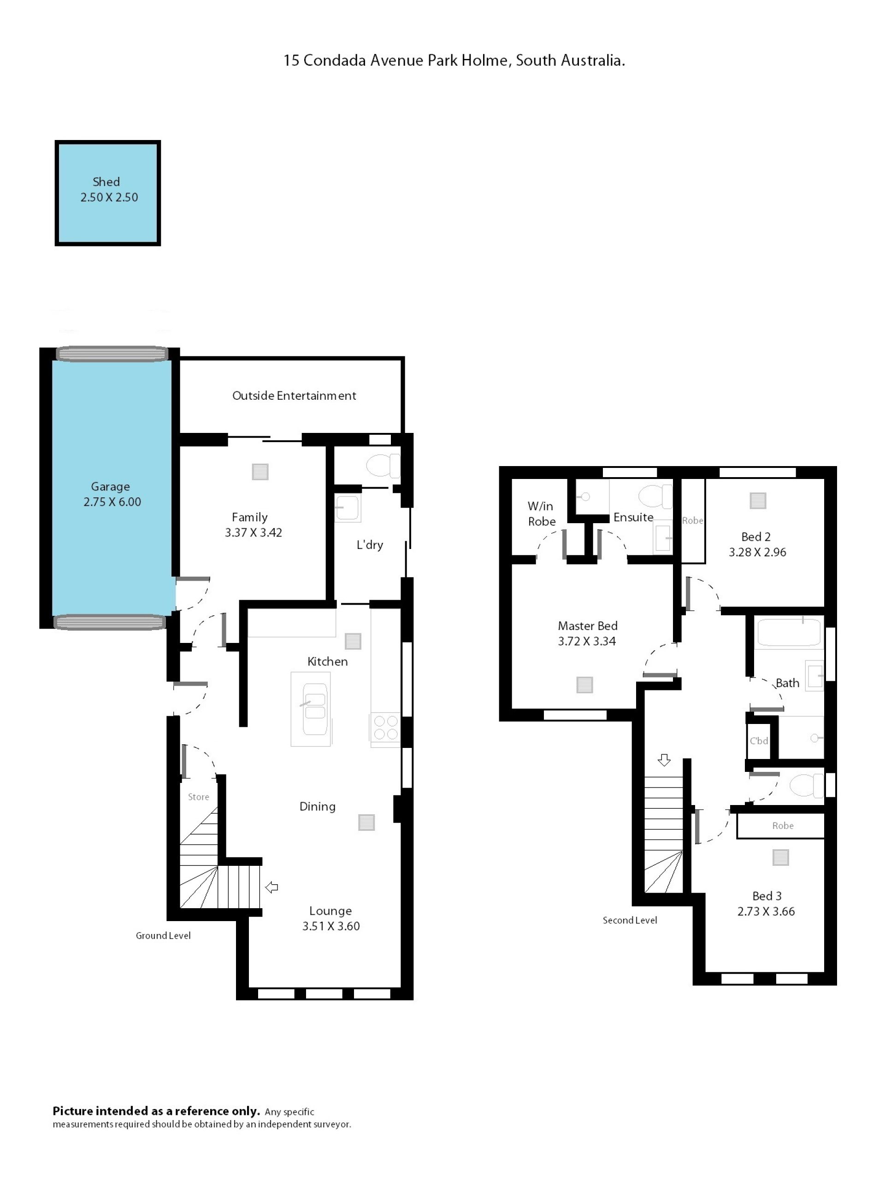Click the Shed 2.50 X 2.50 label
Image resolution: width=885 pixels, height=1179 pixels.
pyautogui.click(x=109, y=189)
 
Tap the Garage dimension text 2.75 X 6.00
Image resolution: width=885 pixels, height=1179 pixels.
pyautogui.click(x=112, y=502)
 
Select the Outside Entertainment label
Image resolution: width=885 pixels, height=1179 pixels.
pyautogui.click(x=294, y=396)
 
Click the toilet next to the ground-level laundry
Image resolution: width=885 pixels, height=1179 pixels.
pyautogui.click(x=383, y=465)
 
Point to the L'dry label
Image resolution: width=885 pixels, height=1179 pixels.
pyautogui.click(x=370, y=544)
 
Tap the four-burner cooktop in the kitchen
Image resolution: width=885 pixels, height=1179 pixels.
pyautogui.click(x=386, y=728)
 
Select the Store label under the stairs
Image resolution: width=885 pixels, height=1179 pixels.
pyautogui.click(x=199, y=797)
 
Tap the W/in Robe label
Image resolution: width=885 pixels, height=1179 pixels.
pyautogui.click(x=542, y=514)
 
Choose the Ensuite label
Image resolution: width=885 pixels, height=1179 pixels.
pyautogui.click(x=633, y=517)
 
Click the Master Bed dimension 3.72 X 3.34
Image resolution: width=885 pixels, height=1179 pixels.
pyautogui.click(x=587, y=641)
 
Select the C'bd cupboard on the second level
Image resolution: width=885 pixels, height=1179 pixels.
pyautogui.click(x=759, y=741)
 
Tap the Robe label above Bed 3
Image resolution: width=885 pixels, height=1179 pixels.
pyautogui.click(x=783, y=826)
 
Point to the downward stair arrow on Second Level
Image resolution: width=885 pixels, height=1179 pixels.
pyautogui.click(x=664, y=759)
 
